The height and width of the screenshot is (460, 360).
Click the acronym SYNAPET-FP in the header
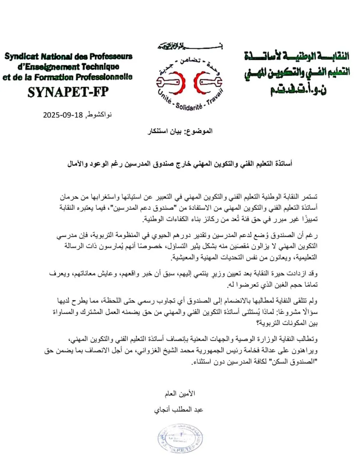68,92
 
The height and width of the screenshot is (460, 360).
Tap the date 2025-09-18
63,115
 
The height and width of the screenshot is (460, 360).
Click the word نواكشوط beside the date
99,115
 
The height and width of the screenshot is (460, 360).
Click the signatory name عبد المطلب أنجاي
178,409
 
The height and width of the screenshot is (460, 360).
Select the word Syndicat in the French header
22,57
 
